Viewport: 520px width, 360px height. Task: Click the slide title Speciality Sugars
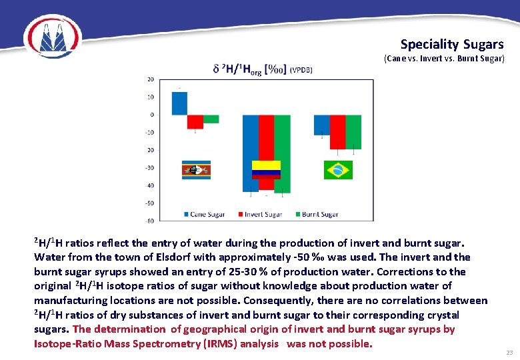click(x=452, y=45)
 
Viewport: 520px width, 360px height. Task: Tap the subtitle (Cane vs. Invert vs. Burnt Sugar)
click(x=444, y=59)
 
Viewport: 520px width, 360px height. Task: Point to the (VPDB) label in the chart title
click(x=300, y=69)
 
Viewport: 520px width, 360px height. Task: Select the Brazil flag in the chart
click(x=338, y=170)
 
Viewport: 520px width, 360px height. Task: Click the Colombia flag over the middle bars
click(x=266, y=169)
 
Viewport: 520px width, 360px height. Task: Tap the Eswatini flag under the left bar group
click(x=197, y=169)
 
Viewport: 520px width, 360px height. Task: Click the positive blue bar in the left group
click(x=179, y=103)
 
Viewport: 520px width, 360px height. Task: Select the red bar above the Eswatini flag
click(x=195, y=121)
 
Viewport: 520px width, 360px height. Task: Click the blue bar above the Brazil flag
click(x=321, y=125)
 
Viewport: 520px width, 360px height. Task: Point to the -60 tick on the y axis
click(x=151, y=221)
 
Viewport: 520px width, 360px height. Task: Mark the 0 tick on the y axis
click(x=152, y=115)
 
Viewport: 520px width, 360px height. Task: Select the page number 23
click(x=509, y=352)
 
